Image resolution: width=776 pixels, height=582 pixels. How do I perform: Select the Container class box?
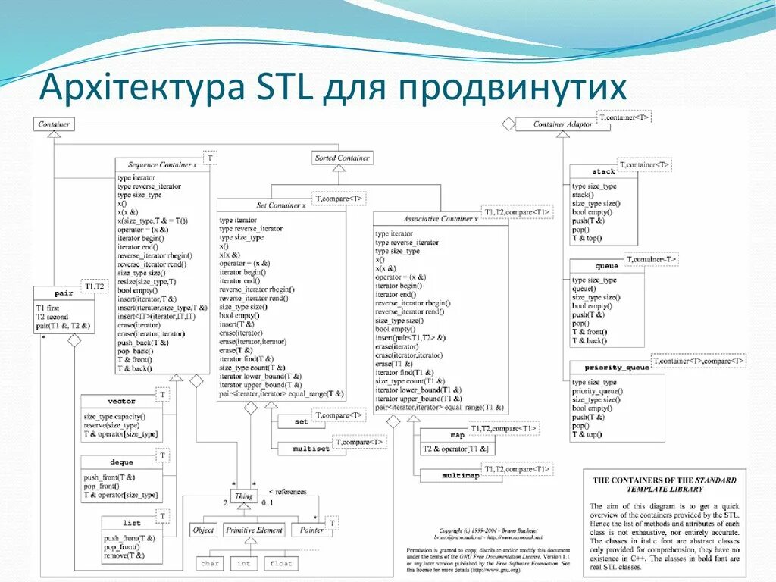(54, 124)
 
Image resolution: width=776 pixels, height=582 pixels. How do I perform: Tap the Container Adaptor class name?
(562, 124)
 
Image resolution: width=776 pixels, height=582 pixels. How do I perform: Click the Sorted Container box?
(343, 158)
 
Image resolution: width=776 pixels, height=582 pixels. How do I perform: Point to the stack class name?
(603, 172)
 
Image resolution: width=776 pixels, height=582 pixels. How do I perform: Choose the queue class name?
(606, 266)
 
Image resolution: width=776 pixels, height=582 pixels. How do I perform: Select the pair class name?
(64, 293)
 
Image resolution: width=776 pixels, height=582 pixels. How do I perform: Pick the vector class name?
(121, 401)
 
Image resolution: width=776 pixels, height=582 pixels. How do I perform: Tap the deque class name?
(121, 462)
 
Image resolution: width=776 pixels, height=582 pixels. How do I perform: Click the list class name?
(132, 523)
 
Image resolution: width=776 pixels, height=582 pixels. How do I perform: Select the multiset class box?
(311, 449)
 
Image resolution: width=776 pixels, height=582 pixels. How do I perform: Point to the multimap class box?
(460, 475)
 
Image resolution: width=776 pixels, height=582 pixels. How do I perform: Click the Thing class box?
(244, 497)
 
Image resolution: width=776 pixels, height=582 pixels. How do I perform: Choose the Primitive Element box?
(254, 530)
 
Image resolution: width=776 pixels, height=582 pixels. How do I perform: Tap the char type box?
(210, 564)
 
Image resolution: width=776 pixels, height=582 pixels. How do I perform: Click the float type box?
(280, 564)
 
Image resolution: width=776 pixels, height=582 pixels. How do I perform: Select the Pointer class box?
(311, 530)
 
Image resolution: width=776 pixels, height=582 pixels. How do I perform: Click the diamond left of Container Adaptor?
(508, 124)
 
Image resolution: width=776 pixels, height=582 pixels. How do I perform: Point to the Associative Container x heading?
(440, 218)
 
